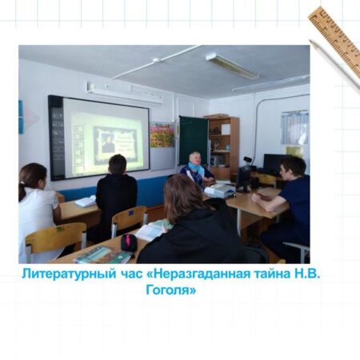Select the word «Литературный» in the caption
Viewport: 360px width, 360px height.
69,274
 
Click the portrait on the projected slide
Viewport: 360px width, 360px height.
107,143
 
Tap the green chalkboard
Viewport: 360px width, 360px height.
194,141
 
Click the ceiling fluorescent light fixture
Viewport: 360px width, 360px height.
232,66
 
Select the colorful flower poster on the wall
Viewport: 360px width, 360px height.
162,135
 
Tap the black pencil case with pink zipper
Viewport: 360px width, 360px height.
129,242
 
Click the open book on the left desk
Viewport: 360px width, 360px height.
86,202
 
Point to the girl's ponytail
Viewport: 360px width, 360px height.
22,190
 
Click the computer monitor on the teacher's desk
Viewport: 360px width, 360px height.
243,179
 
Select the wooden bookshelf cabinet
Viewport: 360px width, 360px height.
222,147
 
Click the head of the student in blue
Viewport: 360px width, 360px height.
293,169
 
